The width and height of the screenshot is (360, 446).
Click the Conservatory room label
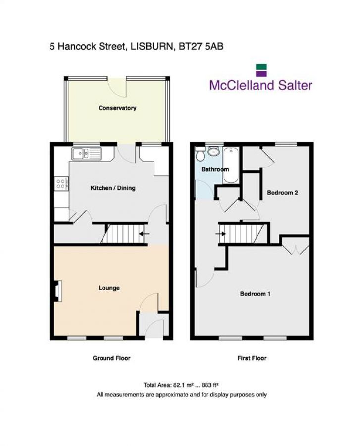pos(117,108)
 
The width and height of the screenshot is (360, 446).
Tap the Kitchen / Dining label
pos(112,188)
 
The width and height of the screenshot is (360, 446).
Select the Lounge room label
pos(109,288)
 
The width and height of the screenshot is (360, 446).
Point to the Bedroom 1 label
pos(255,294)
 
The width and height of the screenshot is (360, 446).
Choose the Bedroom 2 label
pos(282,193)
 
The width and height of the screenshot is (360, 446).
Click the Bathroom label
pos(214,169)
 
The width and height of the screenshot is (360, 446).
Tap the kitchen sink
pos(86,154)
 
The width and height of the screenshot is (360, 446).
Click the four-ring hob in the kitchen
pos(61,184)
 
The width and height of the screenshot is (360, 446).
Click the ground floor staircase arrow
pos(144,234)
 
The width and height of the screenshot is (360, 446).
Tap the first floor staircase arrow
pos(221,234)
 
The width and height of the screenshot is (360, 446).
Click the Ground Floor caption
pos(111,358)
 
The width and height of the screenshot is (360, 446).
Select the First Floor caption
pos(252,358)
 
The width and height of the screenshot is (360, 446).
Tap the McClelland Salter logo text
pos(261,85)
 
